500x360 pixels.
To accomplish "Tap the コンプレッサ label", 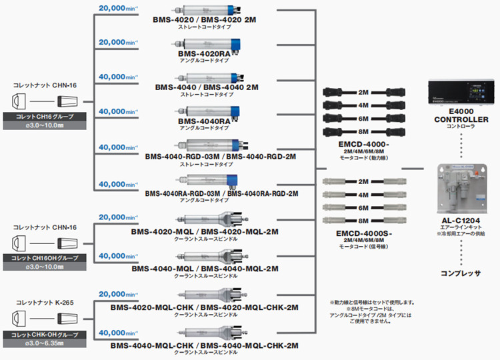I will [x=460, y=273].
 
